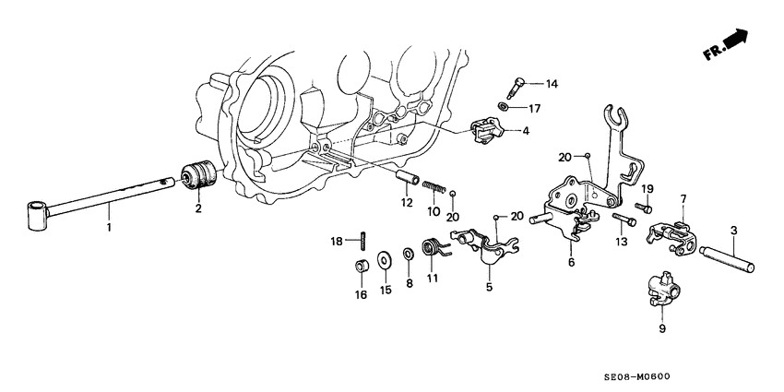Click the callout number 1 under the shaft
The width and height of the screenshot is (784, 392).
pyautogui.click(x=109, y=226)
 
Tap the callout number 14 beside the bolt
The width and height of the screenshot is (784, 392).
pyautogui.click(x=552, y=85)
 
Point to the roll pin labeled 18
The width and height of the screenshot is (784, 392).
pyautogui.click(x=365, y=240)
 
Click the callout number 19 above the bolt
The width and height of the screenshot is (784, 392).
pyautogui.click(x=647, y=189)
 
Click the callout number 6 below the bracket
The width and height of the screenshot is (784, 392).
pyautogui.click(x=571, y=263)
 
